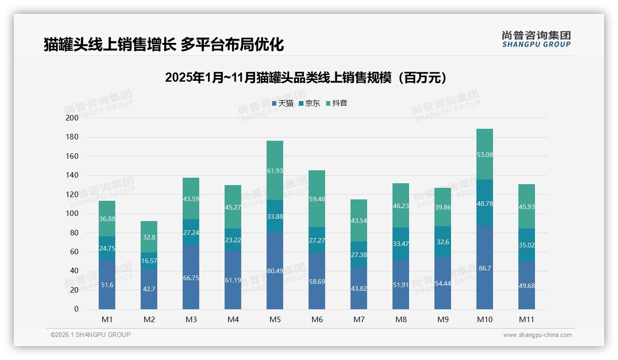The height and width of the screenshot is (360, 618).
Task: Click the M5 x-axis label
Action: [274, 319]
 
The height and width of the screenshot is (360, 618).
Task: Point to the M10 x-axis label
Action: [484, 319]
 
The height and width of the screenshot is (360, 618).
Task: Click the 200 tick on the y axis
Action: [72, 118]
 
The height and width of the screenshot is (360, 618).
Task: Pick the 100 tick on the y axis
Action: [72, 214]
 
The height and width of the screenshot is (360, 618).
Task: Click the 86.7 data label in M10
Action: [485, 268]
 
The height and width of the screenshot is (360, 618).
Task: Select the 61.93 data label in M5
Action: [275, 171]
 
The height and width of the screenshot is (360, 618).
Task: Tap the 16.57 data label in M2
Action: [149, 261]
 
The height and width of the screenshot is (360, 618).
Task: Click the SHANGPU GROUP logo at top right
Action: [536, 39]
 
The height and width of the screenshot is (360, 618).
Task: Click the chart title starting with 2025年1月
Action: [306, 78]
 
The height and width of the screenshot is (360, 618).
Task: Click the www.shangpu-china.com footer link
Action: [537, 335]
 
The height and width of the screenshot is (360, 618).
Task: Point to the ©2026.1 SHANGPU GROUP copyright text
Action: [90, 335]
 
